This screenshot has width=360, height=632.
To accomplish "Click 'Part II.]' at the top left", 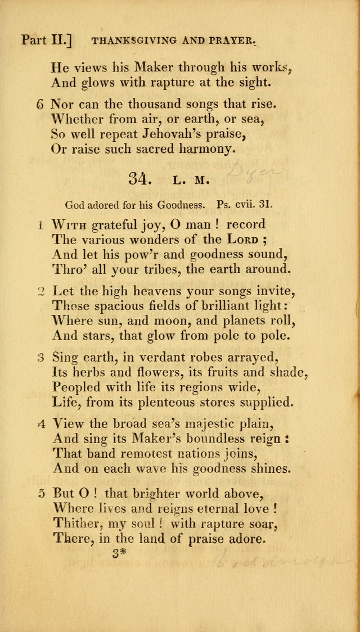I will point(45,40).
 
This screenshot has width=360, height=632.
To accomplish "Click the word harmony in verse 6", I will point(199,150).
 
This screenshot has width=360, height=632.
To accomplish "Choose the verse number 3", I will point(40,356).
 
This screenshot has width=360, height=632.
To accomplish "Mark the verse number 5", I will point(40,493).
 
